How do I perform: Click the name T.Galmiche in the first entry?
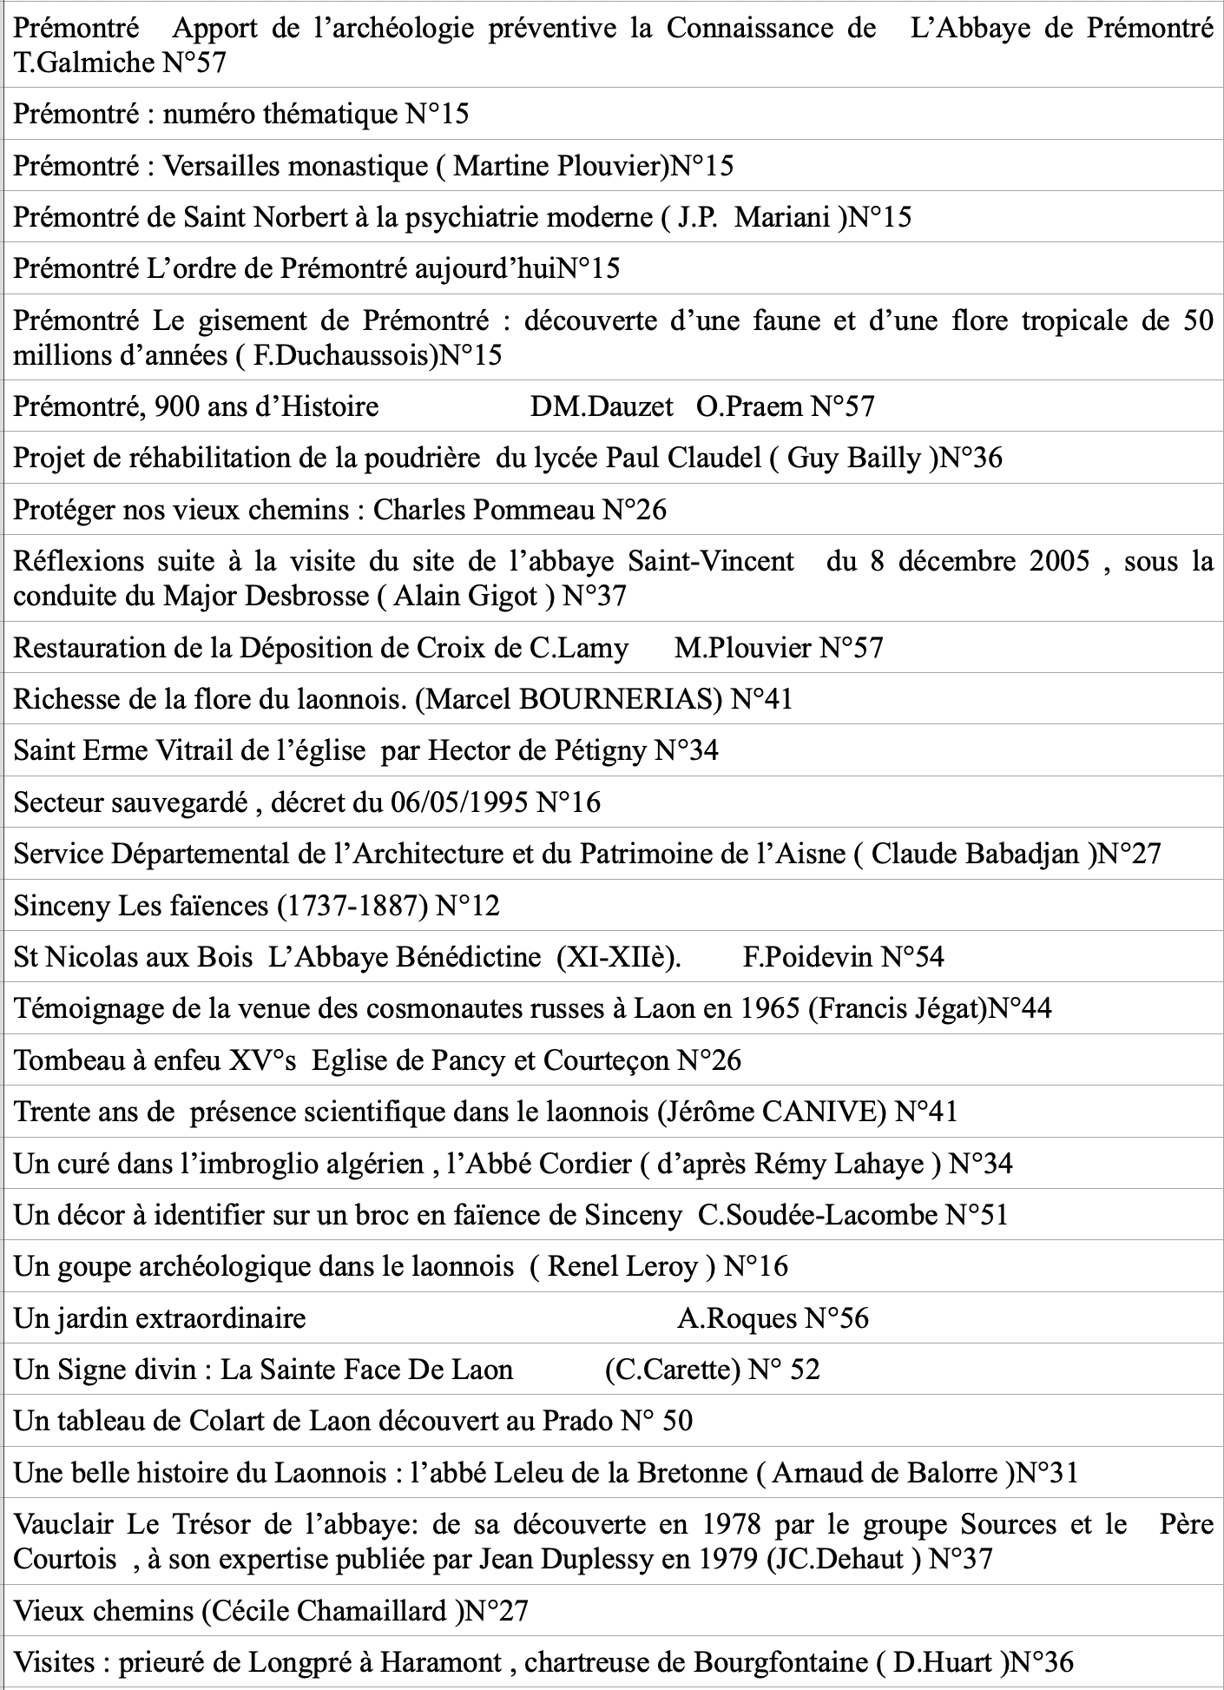click(x=82, y=62)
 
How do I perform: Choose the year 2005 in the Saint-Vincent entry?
click(x=1059, y=561)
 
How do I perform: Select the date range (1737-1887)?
click(x=352, y=906)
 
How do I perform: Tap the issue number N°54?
click(x=912, y=957)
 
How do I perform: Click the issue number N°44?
click(x=1021, y=1008)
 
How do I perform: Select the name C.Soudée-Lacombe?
click(x=818, y=1214)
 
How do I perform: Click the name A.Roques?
click(x=737, y=1318)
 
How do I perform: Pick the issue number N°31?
click(x=1047, y=1473)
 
